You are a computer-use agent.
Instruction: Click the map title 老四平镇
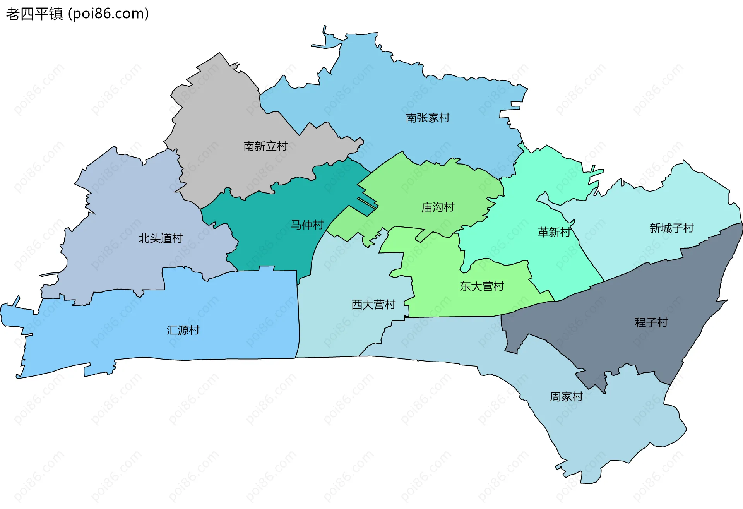click(34, 14)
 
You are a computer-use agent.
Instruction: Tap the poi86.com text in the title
click(108, 14)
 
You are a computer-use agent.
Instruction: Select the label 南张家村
click(428, 118)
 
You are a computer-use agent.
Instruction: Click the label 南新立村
click(265, 146)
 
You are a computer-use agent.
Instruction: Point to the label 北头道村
click(161, 238)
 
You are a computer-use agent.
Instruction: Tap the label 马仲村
click(307, 225)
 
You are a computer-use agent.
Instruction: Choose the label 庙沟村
click(438, 207)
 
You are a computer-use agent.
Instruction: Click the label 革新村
click(554, 232)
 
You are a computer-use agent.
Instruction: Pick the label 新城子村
click(671, 228)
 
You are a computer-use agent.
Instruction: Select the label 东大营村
click(482, 286)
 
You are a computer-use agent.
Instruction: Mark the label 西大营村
click(373, 305)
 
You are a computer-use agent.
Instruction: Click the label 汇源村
click(183, 330)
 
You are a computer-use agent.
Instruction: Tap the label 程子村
click(651, 322)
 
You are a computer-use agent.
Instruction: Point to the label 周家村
click(566, 397)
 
